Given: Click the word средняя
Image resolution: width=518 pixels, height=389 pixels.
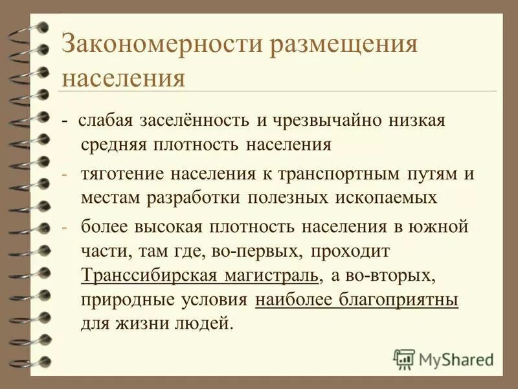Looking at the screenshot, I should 113,144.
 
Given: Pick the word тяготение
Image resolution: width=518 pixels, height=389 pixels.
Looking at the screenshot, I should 121,174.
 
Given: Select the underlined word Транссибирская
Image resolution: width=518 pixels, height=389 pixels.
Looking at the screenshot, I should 152,275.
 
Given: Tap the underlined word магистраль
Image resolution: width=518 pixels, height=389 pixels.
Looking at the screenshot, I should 272,275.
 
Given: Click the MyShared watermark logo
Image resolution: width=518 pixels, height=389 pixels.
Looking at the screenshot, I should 444,359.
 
